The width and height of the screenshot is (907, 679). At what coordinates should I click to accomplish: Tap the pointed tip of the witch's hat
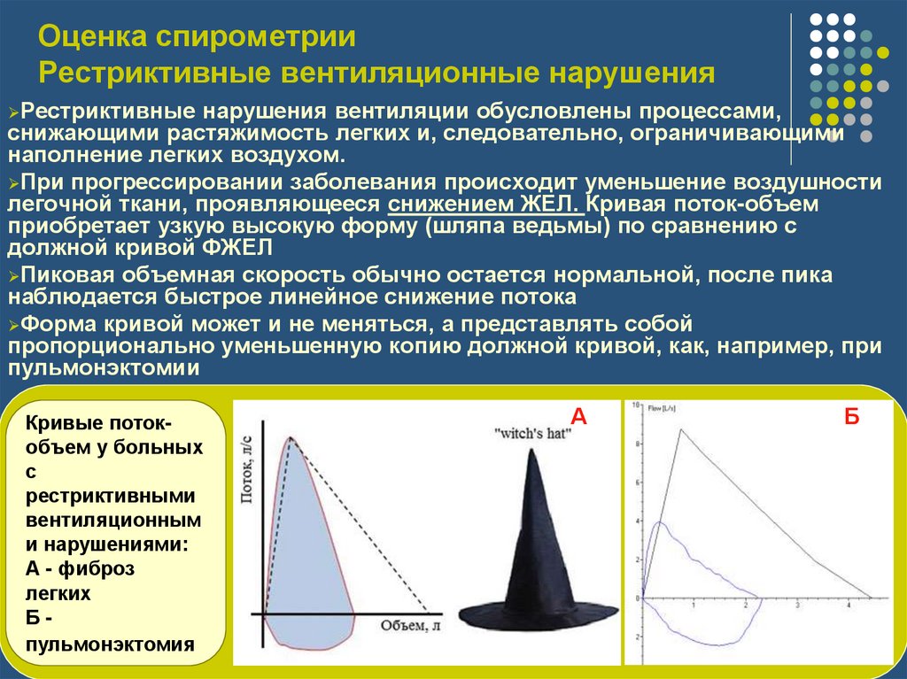pyautogui.click(x=531, y=451)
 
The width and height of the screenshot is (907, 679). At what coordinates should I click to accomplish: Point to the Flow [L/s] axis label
pyautogui.click(x=662, y=408)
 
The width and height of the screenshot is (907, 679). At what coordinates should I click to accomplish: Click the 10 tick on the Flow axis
pyautogui.click(x=635, y=405)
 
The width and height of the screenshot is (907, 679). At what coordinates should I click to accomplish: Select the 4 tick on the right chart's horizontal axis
pyautogui.click(x=849, y=606)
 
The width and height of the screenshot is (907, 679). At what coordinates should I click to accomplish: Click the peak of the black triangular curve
pyautogui.click(x=680, y=429)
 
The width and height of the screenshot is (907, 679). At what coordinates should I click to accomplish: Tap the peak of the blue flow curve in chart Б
pyautogui.click(x=658, y=523)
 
